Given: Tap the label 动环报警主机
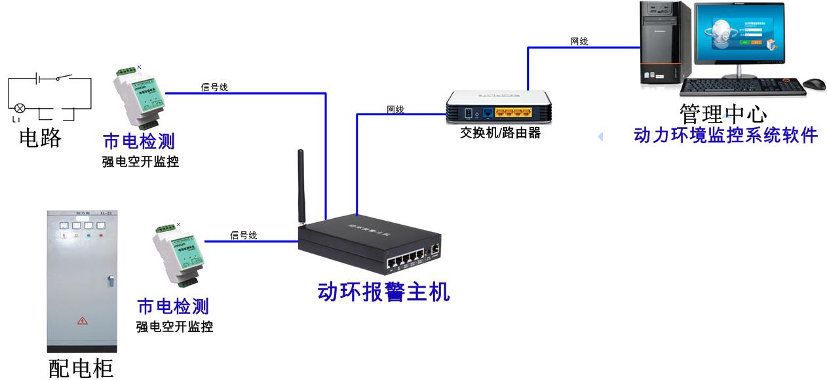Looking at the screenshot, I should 383,292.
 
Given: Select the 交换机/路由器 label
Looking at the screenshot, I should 500,133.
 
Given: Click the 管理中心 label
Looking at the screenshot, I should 723,113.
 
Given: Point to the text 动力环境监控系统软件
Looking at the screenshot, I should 725,136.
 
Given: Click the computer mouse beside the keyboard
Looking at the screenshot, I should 813,84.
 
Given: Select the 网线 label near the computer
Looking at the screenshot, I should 579,42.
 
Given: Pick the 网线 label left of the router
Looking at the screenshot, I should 395,109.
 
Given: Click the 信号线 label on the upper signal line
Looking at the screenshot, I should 214,87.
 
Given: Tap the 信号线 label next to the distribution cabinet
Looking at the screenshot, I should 243,235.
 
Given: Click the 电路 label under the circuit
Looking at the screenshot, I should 41,138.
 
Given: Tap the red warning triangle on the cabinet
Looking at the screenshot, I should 83,320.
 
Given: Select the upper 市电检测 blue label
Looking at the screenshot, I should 139,141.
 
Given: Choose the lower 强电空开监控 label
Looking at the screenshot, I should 174,326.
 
